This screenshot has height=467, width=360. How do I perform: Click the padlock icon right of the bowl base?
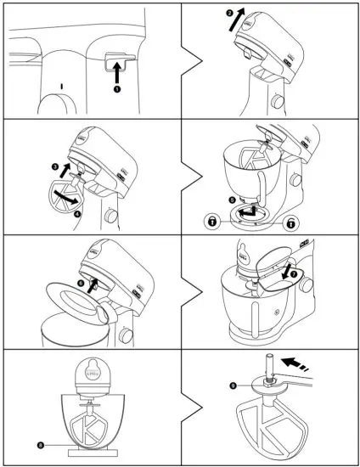(x=290, y=221)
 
